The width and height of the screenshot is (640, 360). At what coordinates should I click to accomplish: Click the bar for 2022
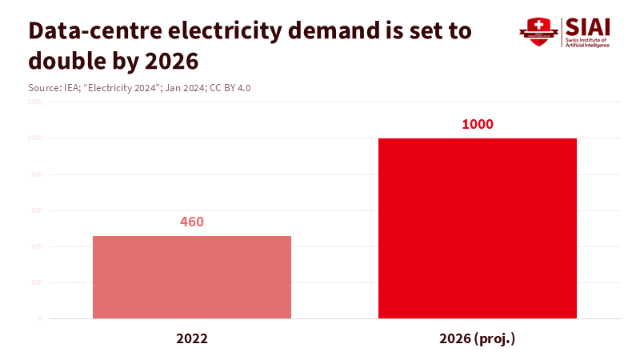click(192, 277)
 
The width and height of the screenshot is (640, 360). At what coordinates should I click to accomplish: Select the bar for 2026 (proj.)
click(477, 228)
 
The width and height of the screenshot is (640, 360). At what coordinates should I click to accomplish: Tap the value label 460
click(192, 222)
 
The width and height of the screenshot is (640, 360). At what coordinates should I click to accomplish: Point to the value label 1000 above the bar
click(478, 124)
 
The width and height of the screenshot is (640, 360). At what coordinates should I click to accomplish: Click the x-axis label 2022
click(192, 338)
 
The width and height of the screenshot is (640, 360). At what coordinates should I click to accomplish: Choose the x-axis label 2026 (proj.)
click(477, 338)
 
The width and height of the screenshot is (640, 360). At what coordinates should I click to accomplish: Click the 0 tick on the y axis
click(40, 318)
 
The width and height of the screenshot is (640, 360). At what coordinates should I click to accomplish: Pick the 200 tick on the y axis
click(37, 282)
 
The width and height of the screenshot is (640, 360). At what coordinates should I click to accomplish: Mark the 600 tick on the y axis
click(37, 210)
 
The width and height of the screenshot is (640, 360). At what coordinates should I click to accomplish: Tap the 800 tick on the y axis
click(37, 174)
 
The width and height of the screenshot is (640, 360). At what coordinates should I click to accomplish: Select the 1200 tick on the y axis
click(35, 102)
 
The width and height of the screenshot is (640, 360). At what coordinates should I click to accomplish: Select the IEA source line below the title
click(139, 87)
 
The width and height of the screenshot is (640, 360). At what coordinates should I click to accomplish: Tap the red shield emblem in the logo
click(538, 32)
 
